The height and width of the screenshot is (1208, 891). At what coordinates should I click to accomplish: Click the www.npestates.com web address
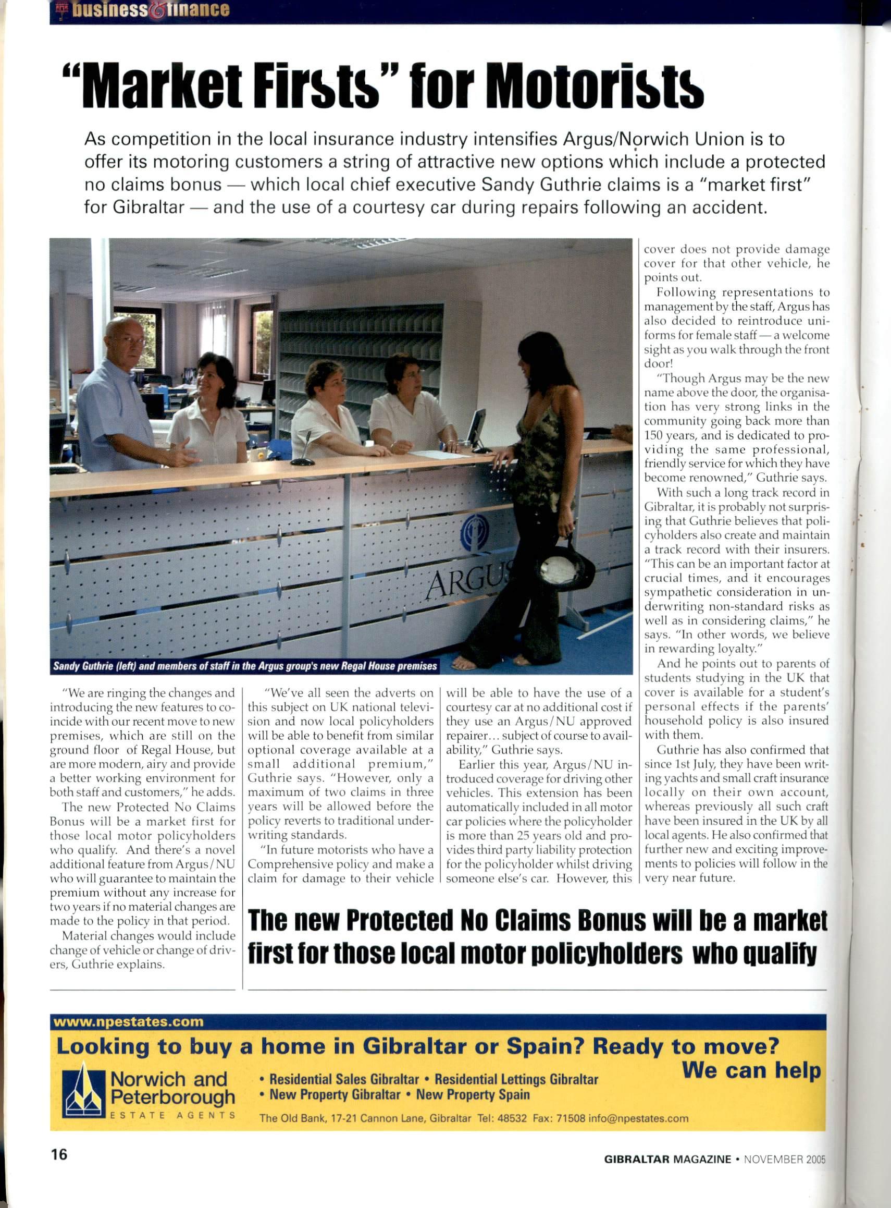click(x=128, y=1021)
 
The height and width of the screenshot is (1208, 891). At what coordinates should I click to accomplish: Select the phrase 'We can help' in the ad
click(x=751, y=1069)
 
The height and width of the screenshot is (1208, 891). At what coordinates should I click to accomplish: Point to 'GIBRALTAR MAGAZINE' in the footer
click(x=667, y=1159)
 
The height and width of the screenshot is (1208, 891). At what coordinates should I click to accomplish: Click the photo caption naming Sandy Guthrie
click(x=244, y=666)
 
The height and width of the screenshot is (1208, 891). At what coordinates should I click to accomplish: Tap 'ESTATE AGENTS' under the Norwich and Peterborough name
click(x=172, y=1115)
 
